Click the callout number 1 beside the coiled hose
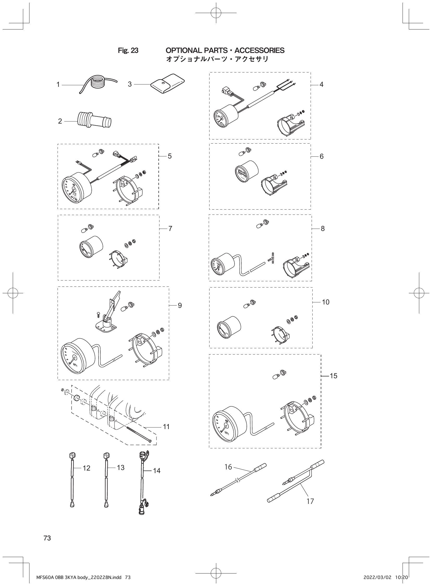click(x=58, y=84)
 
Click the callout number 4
click(x=321, y=84)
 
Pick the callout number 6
click(x=321, y=156)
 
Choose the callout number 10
click(x=326, y=302)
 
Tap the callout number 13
click(x=121, y=467)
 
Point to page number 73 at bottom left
click(x=47, y=538)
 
